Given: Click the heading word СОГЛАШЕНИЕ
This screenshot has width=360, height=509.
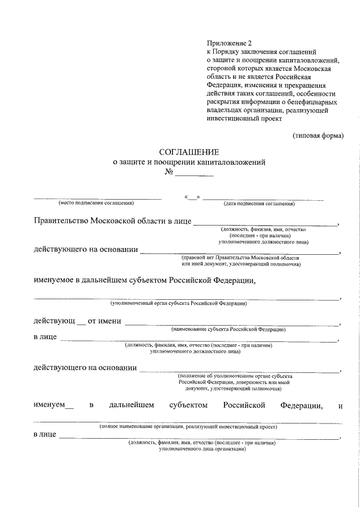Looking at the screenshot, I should point(189,152).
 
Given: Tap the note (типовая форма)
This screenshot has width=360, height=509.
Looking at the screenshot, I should point(318,136).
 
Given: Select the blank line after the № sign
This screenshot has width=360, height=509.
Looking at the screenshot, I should point(194,175).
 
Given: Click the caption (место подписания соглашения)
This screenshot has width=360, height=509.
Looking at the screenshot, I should point(96,203).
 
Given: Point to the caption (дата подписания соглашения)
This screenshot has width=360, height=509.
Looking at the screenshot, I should point(259,203).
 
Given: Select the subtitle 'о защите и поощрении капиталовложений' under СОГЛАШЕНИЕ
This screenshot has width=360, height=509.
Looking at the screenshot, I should point(189,162).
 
